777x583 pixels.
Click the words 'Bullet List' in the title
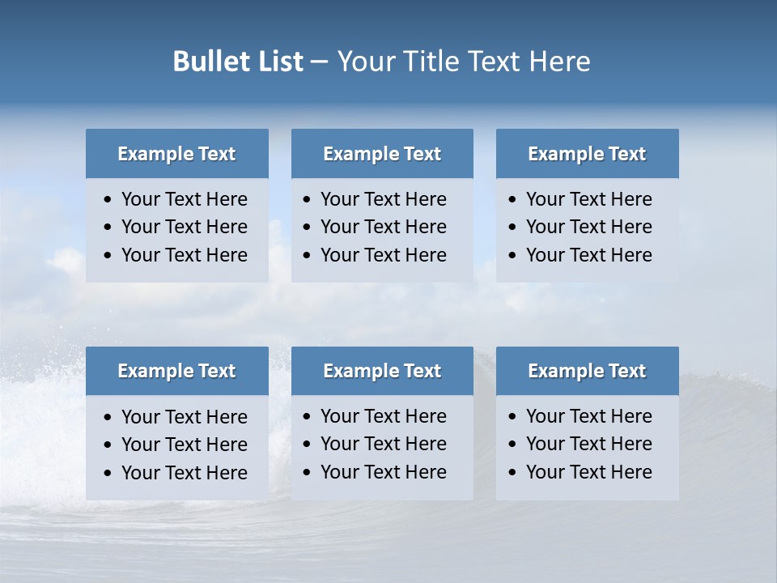[238, 62]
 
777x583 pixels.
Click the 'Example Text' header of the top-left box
[176, 154]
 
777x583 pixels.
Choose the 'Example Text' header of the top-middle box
[382, 154]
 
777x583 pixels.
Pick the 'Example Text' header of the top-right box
[587, 154]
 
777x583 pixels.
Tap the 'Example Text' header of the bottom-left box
[176, 371]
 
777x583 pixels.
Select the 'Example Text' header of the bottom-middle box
[382, 371]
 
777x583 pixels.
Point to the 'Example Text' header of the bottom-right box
[587, 371]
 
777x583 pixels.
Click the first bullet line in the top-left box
[184, 199]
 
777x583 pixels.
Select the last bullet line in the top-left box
[184, 255]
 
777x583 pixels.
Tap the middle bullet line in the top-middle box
[383, 227]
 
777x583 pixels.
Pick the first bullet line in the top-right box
[588, 199]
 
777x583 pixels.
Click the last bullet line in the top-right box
[588, 255]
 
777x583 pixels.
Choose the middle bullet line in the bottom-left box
[184, 445]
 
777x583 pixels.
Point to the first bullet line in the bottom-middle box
[383, 416]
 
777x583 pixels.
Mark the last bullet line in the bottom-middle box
[383, 472]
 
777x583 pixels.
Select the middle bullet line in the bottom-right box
[588, 444]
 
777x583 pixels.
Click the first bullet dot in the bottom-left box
[108, 418]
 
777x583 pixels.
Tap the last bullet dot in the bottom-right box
[513, 473]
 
